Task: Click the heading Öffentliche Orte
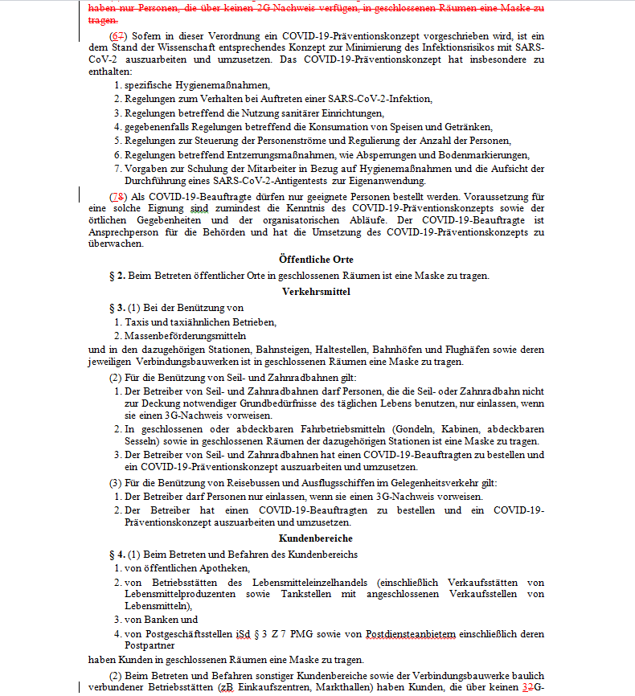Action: (x=316, y=260)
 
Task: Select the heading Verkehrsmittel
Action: (x=316, y=291)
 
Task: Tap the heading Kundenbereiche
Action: (x=316, y=538)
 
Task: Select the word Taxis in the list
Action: (x=137, y=322)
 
